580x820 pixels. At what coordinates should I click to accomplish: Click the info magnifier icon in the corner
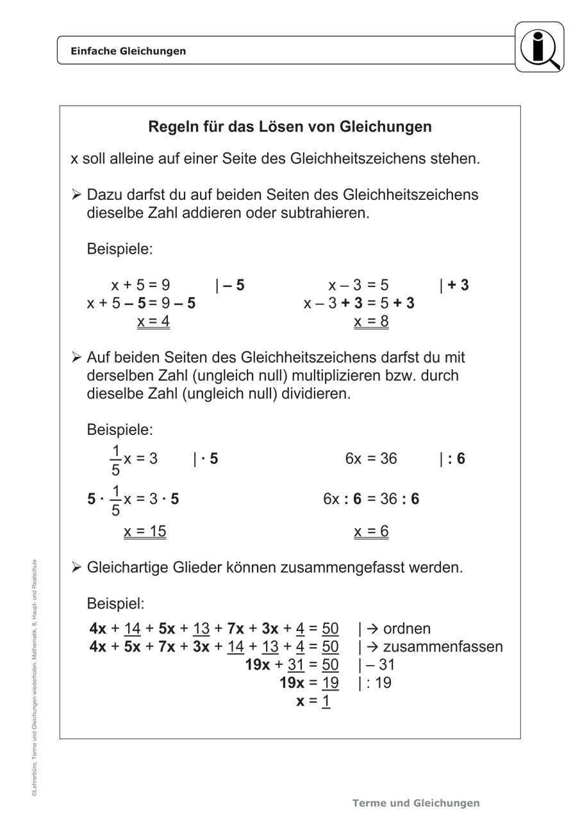point(540,47)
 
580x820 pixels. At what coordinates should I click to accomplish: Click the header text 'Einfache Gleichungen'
point(128,51)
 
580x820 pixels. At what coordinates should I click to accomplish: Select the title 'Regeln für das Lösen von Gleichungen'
point(290,127)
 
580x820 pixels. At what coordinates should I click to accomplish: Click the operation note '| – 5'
point(230,285)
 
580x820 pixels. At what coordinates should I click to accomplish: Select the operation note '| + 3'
point(454,285)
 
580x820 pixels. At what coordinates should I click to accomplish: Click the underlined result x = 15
point(145,531)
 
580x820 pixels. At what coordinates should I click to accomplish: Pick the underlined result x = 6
point(371,531)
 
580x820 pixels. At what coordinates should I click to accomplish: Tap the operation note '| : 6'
point(452,459)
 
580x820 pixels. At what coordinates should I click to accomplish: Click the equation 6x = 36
point(371,459)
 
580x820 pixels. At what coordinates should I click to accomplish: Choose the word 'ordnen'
point(407,628)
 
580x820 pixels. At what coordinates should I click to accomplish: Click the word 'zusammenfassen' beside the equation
point(443,646)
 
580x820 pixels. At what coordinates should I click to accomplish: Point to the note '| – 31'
point(377,664)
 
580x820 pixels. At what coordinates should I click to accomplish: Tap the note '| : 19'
point(375,682)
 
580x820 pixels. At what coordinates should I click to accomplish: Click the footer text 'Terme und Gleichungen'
point(416,803)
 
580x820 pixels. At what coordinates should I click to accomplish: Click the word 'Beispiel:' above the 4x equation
point(116,603)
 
